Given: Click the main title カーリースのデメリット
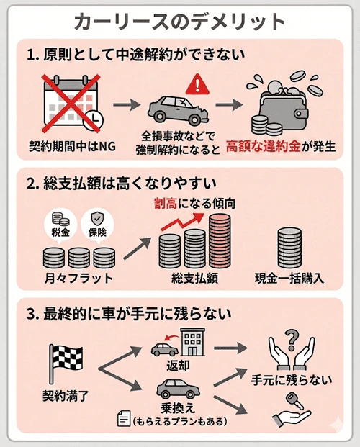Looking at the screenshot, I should coord(180,21).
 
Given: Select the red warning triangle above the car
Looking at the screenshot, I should coord(195,85).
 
